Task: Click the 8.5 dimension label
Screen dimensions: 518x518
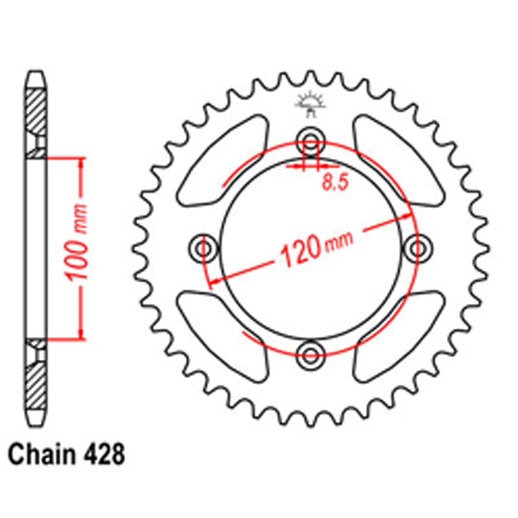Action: click(335, 183)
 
